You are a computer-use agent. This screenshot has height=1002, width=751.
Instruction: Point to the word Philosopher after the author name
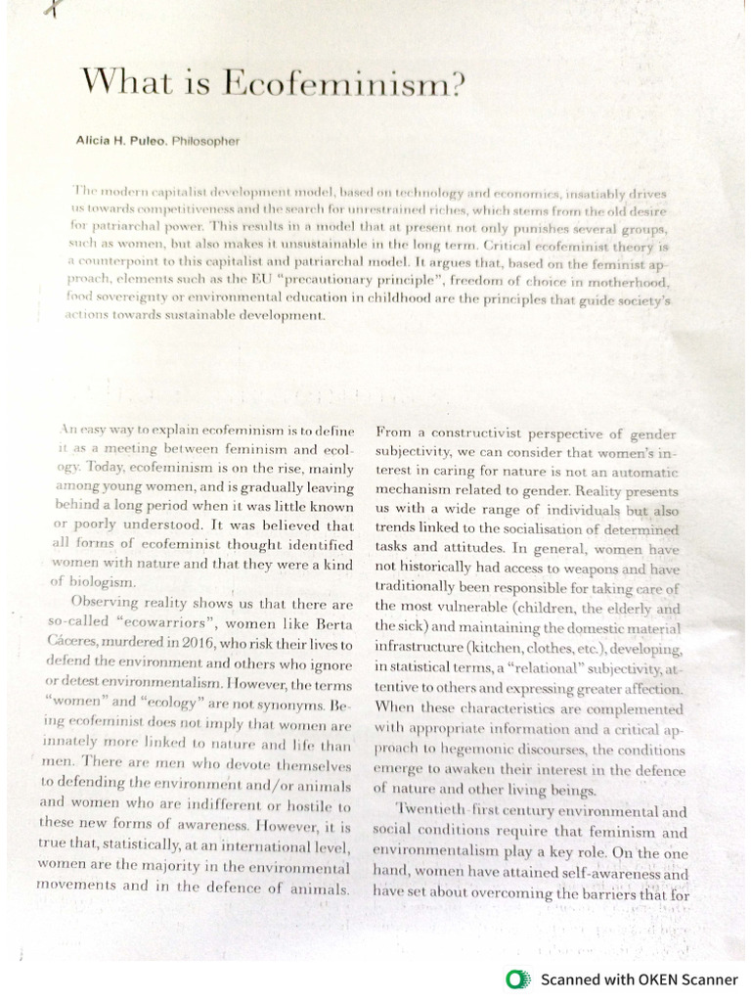[x=205, y=141]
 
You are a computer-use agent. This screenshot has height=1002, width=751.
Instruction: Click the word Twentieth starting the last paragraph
[x=435, y=811]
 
